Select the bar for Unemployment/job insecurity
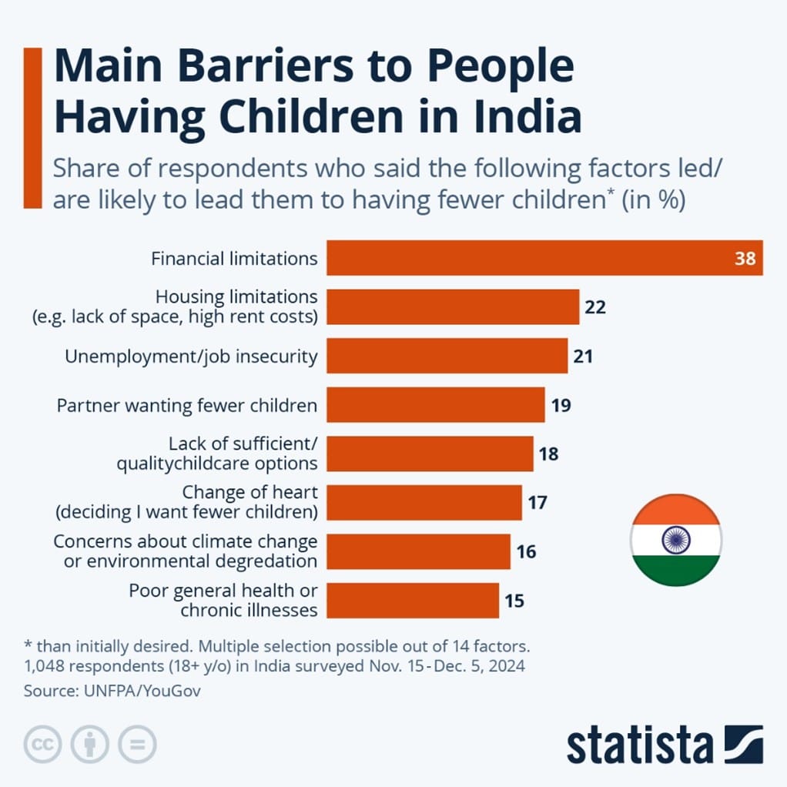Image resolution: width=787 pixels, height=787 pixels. tap(447, 356)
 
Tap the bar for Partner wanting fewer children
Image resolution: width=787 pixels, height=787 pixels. tap(435, 404)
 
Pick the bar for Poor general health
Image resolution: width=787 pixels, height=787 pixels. tap(412, 600)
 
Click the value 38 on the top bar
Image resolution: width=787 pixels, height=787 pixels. tap(745, 259)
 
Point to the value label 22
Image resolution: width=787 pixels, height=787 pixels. tap(595, 307)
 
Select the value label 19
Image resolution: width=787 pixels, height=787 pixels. tap(561, 405)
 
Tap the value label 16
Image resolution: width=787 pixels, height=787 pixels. tap(526, 551)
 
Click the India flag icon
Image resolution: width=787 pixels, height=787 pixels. tap(675, 540)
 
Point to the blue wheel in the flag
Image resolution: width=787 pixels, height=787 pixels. tap(675, 540)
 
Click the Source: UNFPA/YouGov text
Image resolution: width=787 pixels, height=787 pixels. tap(112, 691)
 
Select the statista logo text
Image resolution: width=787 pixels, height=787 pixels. tap(640, 745)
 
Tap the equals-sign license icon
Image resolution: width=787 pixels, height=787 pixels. tap(137, 745)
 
